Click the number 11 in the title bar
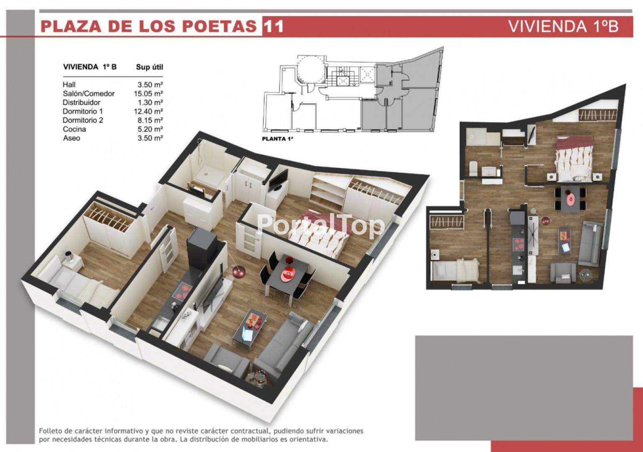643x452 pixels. [x=274, y=26]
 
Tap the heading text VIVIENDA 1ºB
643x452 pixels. [x=564, y=26]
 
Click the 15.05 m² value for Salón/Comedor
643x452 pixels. [x=149, y=94]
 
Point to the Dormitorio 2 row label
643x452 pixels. [x=83, y=120]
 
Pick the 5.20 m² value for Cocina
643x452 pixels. [x=150, y=129]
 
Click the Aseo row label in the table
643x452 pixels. [x=72, y=138]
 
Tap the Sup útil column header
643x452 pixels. [x=149, y=67]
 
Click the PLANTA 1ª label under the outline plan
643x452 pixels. [x=278, y=139]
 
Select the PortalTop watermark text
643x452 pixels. [x=320, y=226]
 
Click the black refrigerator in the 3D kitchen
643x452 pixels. [x=202, y=248]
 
